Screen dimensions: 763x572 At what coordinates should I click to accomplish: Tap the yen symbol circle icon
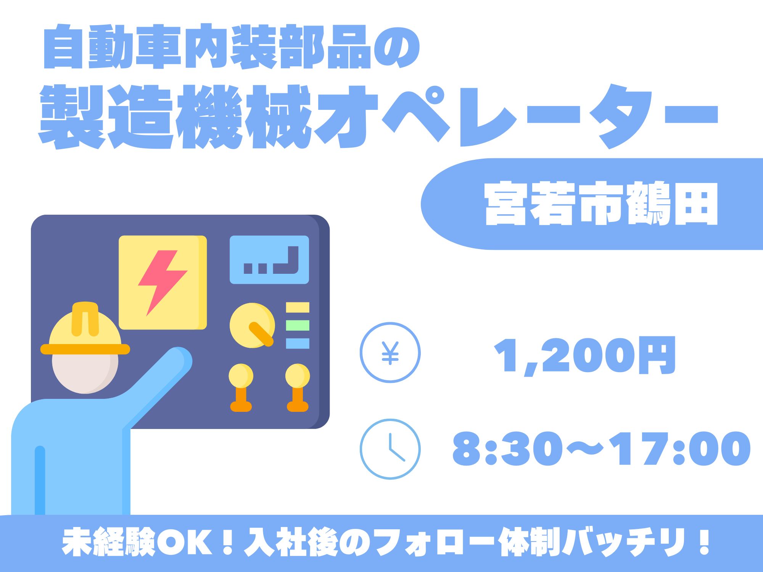pos(390,352)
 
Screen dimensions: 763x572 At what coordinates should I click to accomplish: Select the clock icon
pos(390,449)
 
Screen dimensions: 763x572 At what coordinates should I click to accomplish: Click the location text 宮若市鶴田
pos(601,204)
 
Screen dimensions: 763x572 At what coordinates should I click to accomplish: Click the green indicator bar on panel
pos(298,325)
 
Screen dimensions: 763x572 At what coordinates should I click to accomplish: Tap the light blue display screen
pos(269,260)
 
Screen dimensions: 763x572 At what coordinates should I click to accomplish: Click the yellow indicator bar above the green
pos(298,307)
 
